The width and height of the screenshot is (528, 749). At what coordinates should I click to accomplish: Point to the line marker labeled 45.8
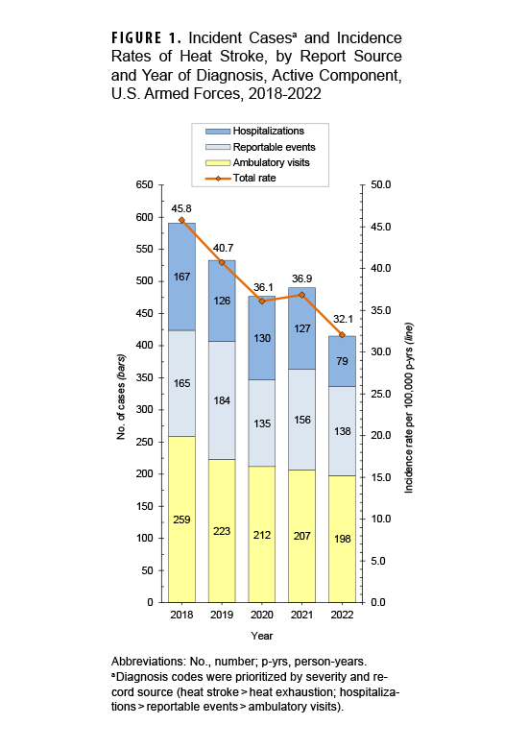coord(182,220)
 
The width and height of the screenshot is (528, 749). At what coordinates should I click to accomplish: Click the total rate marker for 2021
coord(302,295)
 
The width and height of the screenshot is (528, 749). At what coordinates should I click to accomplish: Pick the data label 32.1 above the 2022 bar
coord(342,320)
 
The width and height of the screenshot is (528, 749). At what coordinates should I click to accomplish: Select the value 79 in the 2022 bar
coord(342,361)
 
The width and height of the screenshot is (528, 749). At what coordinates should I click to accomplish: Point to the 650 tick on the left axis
coord(145,184)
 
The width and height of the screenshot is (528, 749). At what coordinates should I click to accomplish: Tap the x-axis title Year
coord(262,636)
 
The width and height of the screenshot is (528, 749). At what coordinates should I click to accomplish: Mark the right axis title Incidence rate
coord(408,394)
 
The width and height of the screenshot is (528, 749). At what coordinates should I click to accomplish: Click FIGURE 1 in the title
coord(147,37)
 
